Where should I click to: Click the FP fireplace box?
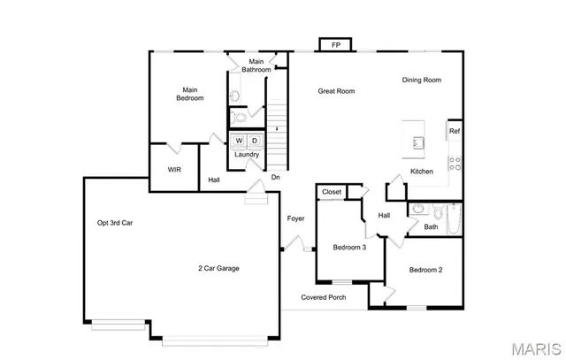click(x=335, y=44)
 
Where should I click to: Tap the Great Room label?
click(x=337, y=91)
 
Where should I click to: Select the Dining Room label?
click(x=421, y=80)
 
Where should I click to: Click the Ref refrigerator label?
click(x=454, y=132)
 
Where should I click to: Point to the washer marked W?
click(x=239, y=141)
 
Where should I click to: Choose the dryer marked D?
click(x=254, y=141)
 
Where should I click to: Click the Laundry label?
click(x=247, y=155)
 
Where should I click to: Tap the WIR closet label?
click(x=175, y=170)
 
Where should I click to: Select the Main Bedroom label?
click(x=189, y=94)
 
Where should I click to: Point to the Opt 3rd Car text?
click(x=115, y=223)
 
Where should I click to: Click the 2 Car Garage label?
click(x=218, y=268)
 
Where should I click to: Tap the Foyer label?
click(x=295, y=218)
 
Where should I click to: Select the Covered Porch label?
click(x=323, y=297)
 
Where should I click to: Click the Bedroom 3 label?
click(x=349, y=248)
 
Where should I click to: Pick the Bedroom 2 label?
click(x=425, y=270)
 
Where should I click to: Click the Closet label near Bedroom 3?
click(x=332, y=192)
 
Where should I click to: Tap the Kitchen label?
click(x=421, y=172)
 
